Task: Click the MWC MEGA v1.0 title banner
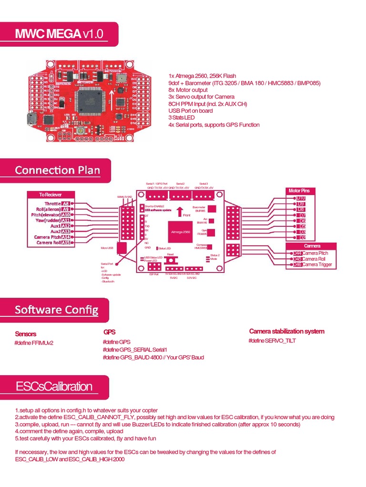(59, 34)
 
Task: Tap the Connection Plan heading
(57, 170)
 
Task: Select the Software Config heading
(56, 310)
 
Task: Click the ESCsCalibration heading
(54, 386)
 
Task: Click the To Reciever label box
(51, 195)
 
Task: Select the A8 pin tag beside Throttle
(66, 204)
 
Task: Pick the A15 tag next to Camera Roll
(66, 243)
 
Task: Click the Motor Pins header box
(299, 191)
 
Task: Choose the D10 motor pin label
(300, 198)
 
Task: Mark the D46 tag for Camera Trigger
(297, 264)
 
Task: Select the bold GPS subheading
(109, 332)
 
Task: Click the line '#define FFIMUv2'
(34, 343)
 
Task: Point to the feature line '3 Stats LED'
(182, 117)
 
